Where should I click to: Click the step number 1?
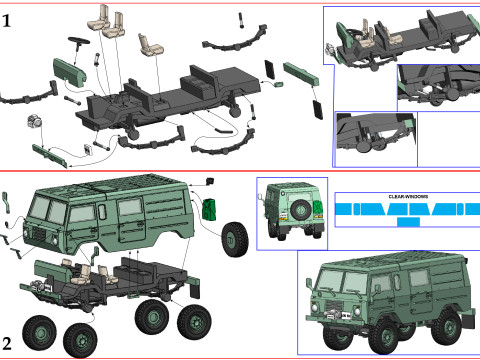7,21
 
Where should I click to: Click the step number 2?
7,344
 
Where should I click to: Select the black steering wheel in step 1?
79,42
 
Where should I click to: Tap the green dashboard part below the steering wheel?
70,71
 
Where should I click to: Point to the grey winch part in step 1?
34,121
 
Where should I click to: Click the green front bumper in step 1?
50,156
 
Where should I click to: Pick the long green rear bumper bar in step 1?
301,74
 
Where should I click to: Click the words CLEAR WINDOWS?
408,197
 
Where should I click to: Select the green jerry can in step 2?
209,209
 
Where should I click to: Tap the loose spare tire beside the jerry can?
235,239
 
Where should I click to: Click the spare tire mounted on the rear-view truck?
301,209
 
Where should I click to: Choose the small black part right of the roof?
210,181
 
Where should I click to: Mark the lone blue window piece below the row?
408,221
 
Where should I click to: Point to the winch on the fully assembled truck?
334,314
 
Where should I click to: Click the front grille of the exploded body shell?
39,234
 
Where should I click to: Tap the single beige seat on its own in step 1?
151,45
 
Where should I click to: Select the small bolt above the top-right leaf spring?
241,20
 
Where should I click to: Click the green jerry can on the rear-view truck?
318,208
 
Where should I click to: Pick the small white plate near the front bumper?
88,150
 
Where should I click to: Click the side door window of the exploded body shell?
130,207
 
